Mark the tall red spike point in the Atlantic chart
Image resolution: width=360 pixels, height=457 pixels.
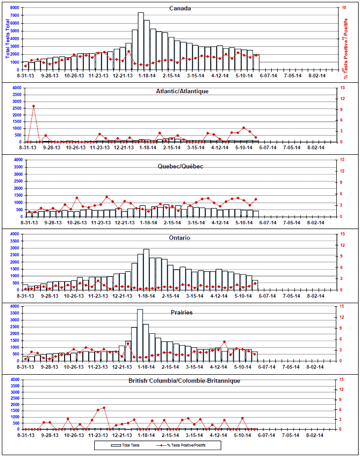[x=34, y=106]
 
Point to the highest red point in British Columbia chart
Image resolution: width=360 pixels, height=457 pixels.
[x=104, y=408]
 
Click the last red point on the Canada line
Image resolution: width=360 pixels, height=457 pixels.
[x=256, y=55]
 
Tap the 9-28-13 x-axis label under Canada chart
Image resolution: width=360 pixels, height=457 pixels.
[x=50, y=76]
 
